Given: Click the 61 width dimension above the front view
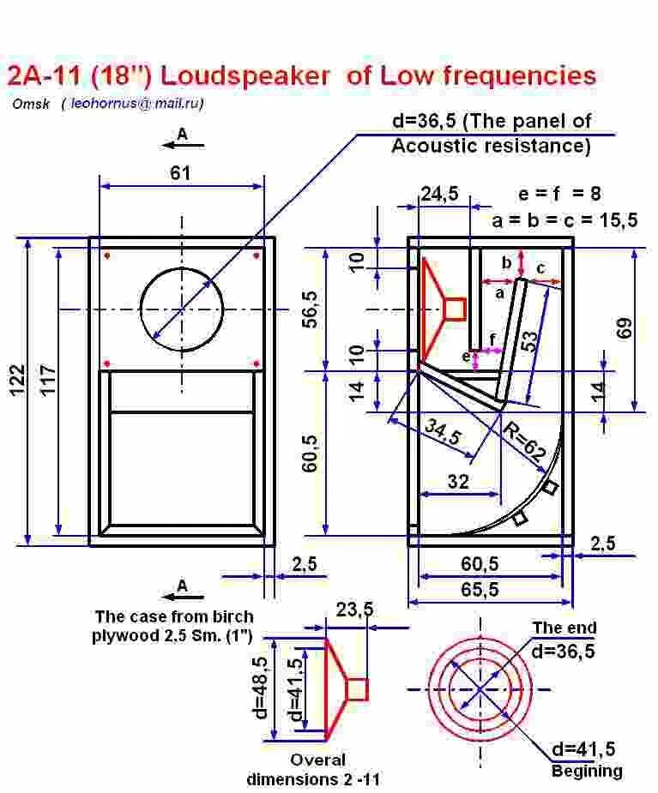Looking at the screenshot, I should (179, 173).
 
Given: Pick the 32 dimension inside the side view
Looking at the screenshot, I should (459, 482).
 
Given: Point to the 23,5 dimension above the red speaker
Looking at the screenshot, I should (354, 610).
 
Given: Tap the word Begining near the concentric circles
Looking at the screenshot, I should (587, 771).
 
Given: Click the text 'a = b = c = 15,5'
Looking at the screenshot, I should (564, 221).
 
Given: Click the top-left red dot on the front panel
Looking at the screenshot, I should (107, 255).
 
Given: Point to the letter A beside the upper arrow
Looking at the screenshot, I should (182, 134).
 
